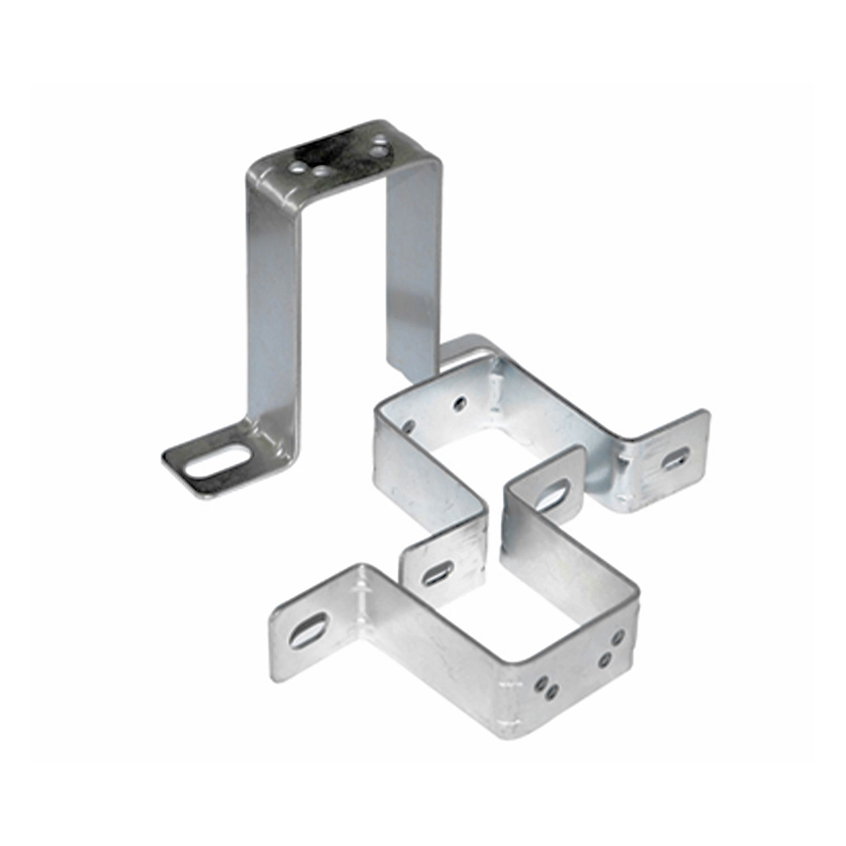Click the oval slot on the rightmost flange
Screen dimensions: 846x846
(675, 458)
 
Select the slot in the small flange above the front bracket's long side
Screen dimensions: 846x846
(438, 572)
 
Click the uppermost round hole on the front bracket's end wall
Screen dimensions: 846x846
(618, 637)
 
